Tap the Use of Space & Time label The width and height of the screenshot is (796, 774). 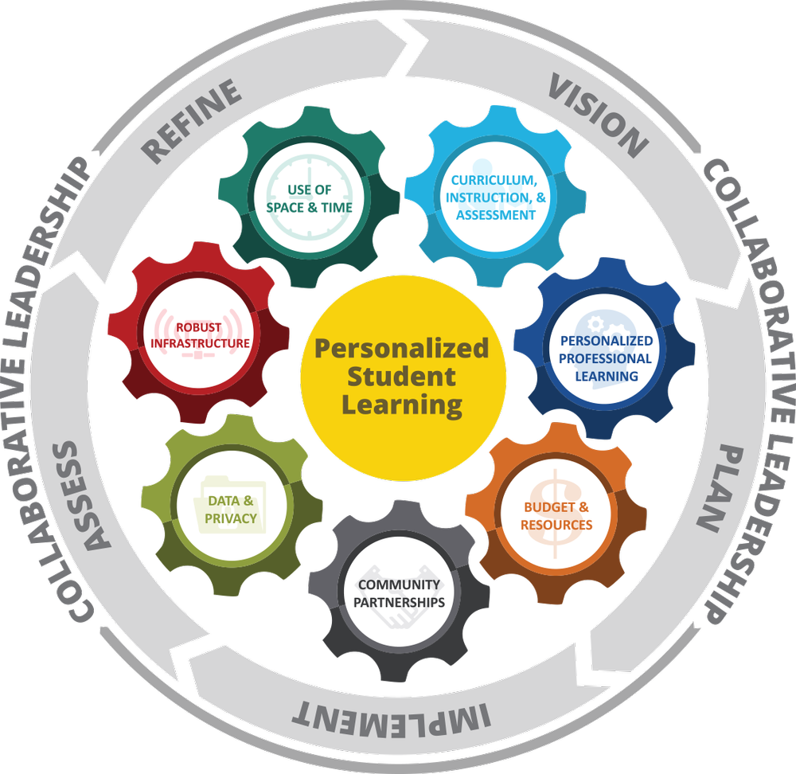[309, 198]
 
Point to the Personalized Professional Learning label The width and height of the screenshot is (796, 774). [605, 358]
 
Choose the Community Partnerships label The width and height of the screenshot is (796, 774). [398, 593]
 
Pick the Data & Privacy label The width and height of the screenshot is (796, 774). [231, 510]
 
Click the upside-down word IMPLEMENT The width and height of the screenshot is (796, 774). [390, 715]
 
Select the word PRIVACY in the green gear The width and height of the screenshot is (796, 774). [231, 518]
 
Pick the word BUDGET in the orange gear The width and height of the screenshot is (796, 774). [544, 506]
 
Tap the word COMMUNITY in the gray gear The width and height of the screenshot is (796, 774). [398, 584]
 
